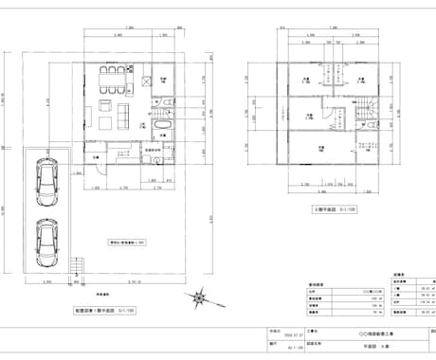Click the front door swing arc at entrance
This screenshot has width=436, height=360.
[x=100, y=169]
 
